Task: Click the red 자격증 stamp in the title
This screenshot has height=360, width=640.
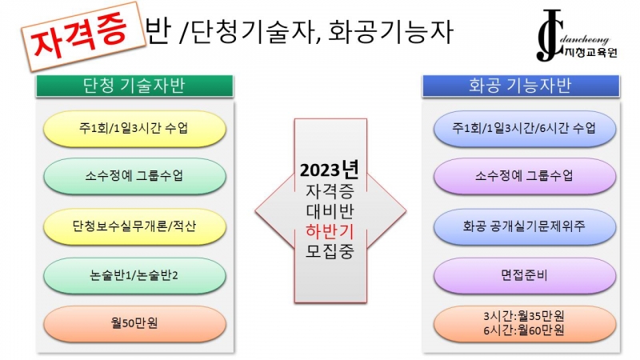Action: (x=84, y=36)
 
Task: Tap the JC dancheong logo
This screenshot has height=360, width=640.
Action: (x=576, y=36)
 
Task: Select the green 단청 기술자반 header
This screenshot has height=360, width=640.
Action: (x=134, y=86)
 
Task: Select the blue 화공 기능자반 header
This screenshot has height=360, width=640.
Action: (x=521, y=86)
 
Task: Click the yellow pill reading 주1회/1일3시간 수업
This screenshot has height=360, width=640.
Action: (x=134, y=129)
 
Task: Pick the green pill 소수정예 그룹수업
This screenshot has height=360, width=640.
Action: (x=134, y=176)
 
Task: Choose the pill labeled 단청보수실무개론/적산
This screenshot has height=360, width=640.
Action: (x=134, y=226)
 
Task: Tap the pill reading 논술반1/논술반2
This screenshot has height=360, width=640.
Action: (x=134, y=275)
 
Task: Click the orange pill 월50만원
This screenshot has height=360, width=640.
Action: (x=134, y=323)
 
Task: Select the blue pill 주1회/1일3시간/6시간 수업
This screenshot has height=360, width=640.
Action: (x=525, y=129)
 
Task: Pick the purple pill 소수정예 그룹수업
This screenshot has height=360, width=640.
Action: (x=525, y=176)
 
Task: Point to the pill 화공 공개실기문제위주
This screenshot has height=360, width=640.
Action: (x=525, y=226)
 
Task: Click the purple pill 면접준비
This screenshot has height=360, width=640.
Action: (x=525, y=275)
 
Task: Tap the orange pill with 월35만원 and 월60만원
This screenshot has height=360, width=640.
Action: (x=525, y=323)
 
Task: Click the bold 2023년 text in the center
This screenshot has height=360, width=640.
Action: (x=330, y=170)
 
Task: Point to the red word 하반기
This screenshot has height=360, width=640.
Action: (x=330, y=231)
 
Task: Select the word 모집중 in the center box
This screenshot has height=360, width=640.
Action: (x=330, y=251)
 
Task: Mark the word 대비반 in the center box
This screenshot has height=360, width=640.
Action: (x=330, y=211)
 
